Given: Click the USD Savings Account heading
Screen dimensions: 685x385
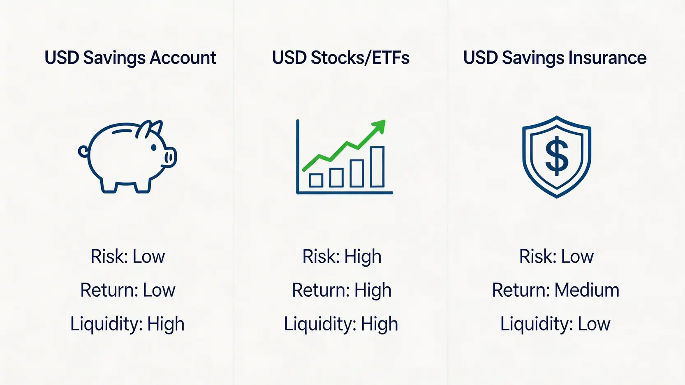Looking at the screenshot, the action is point(130,58).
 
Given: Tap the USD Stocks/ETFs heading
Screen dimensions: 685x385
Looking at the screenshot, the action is point(341,58).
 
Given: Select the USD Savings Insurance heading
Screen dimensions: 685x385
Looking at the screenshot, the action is point(555,58).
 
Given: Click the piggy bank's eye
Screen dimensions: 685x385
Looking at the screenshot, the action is point(154,148).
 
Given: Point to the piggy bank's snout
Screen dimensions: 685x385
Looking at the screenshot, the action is point(170,157).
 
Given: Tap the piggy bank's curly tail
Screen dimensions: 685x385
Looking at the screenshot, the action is point(83,151).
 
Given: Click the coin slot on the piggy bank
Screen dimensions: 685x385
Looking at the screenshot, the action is point(122,131).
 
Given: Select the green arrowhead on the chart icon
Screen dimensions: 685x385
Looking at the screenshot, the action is point(379,126).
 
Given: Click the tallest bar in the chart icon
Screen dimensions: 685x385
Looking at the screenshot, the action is point(377,167).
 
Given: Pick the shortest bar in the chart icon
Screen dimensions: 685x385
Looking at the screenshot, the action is point(316,180).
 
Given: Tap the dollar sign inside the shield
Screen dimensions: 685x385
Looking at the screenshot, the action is point(557,156).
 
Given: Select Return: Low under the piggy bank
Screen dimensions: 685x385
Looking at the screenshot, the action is point(128,290).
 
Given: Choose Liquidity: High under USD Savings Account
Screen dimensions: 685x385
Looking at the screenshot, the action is point(127,324).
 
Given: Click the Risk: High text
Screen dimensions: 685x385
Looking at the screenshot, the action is point(342,257).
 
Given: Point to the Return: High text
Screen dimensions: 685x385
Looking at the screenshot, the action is point(342,290).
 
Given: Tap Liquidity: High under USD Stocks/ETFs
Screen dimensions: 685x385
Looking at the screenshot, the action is point(341,324).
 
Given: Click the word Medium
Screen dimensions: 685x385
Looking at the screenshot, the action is point(587,290).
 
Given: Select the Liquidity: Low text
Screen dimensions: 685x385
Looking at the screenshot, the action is point(555,324).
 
